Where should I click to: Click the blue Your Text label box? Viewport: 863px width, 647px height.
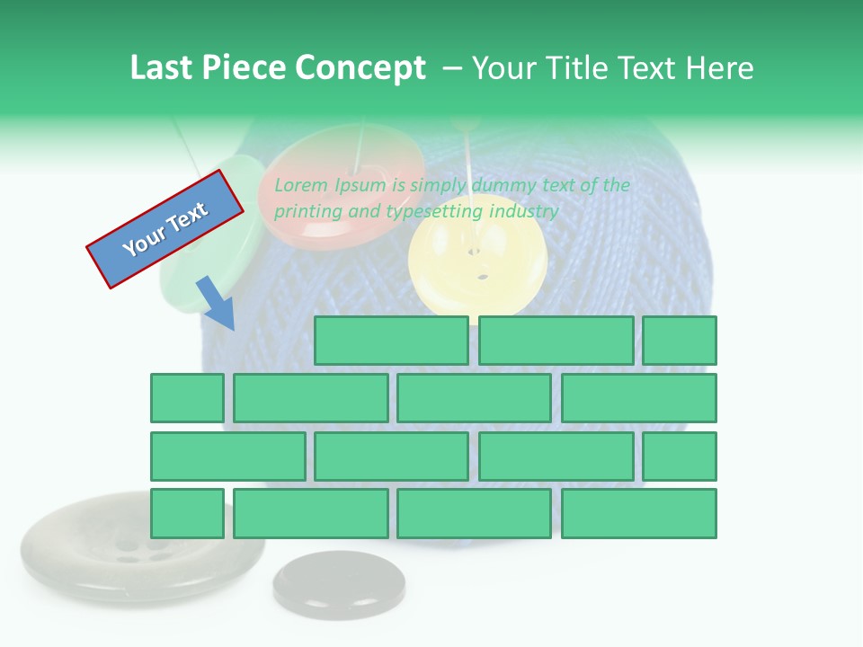(x=165, y=229)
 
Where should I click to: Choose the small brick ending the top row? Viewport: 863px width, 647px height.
(x=680, y=341)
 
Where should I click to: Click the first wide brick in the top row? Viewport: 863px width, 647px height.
(x=391, y=341)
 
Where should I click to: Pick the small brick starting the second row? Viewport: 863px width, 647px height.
(x=187, y=398)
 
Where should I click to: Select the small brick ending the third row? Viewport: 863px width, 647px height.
(x=680, y=456)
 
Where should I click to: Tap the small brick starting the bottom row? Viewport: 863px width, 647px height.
(x=187, y=514)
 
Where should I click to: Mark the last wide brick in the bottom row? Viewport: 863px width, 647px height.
(x=639, y=514)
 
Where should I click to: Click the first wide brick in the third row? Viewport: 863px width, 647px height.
(x=227, y=456)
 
